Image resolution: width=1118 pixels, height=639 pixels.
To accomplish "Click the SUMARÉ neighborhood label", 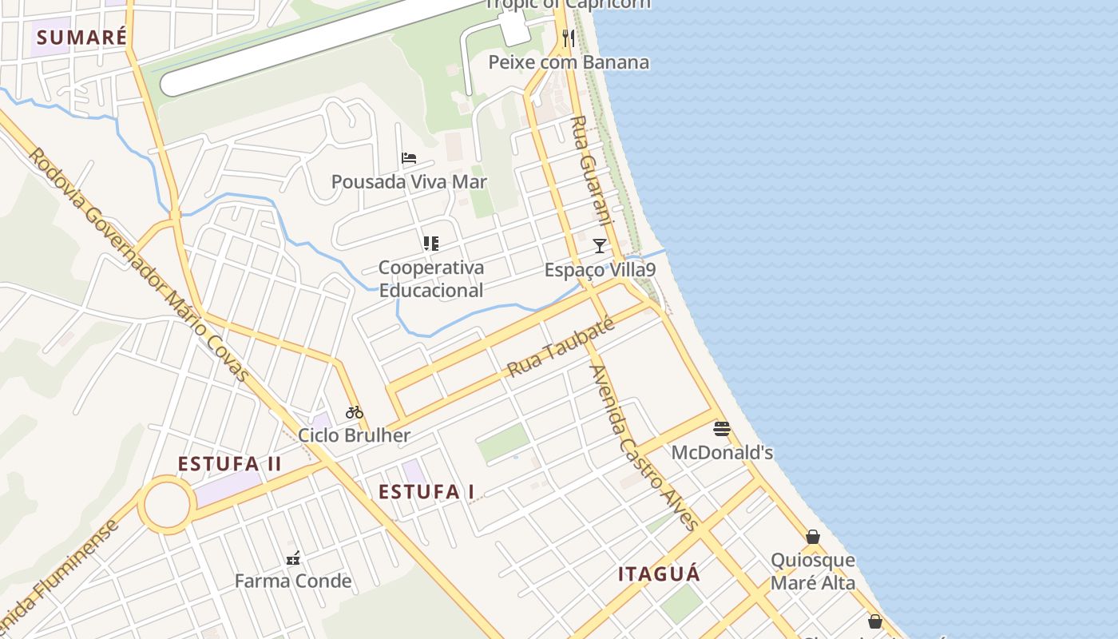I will (x=81, y=38).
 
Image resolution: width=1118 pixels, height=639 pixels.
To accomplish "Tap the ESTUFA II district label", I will (x=229, y=464).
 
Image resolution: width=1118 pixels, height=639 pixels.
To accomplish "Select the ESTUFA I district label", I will (x=426, y=492).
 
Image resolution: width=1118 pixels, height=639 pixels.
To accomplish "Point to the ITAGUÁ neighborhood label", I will (x=659, y=574).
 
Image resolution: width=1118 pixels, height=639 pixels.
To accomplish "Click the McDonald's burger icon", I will (x=722, y=429).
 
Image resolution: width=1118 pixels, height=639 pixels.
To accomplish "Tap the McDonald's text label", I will (x=722, y=453).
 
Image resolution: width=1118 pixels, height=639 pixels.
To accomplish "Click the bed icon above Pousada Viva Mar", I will (x=409, y=158).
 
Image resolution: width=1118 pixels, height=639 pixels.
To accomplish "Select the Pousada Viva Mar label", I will (x=409, y=182).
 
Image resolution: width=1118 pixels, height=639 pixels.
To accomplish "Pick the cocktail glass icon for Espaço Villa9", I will (x=600, y=246).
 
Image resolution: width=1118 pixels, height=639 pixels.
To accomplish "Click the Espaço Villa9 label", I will (x=600, y=270).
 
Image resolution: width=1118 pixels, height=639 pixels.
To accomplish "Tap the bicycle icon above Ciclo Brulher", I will (x=355, y=412).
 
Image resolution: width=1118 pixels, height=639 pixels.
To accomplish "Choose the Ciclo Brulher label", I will (x=354, y=435).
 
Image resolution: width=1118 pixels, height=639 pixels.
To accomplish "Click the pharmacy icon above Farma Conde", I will (x=293, y=558).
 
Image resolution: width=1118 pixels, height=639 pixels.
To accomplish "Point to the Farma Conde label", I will (x=293, y=581).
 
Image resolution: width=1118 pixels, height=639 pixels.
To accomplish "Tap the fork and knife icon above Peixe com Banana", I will (x=569, y=38).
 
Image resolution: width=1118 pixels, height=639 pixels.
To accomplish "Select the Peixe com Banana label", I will (x=569, y=62).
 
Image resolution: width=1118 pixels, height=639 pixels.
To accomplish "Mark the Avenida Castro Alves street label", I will (x=644, y=447).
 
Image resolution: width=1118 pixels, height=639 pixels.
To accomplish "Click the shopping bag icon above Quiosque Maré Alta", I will (x=813, y=537).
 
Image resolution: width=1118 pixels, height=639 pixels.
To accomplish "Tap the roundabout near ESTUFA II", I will (x=167, y=505).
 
